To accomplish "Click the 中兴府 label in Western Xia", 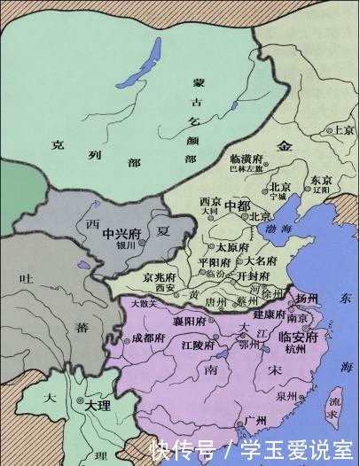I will pos(121,234).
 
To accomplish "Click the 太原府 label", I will pos(233,246).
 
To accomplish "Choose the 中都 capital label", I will pos(239,205).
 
